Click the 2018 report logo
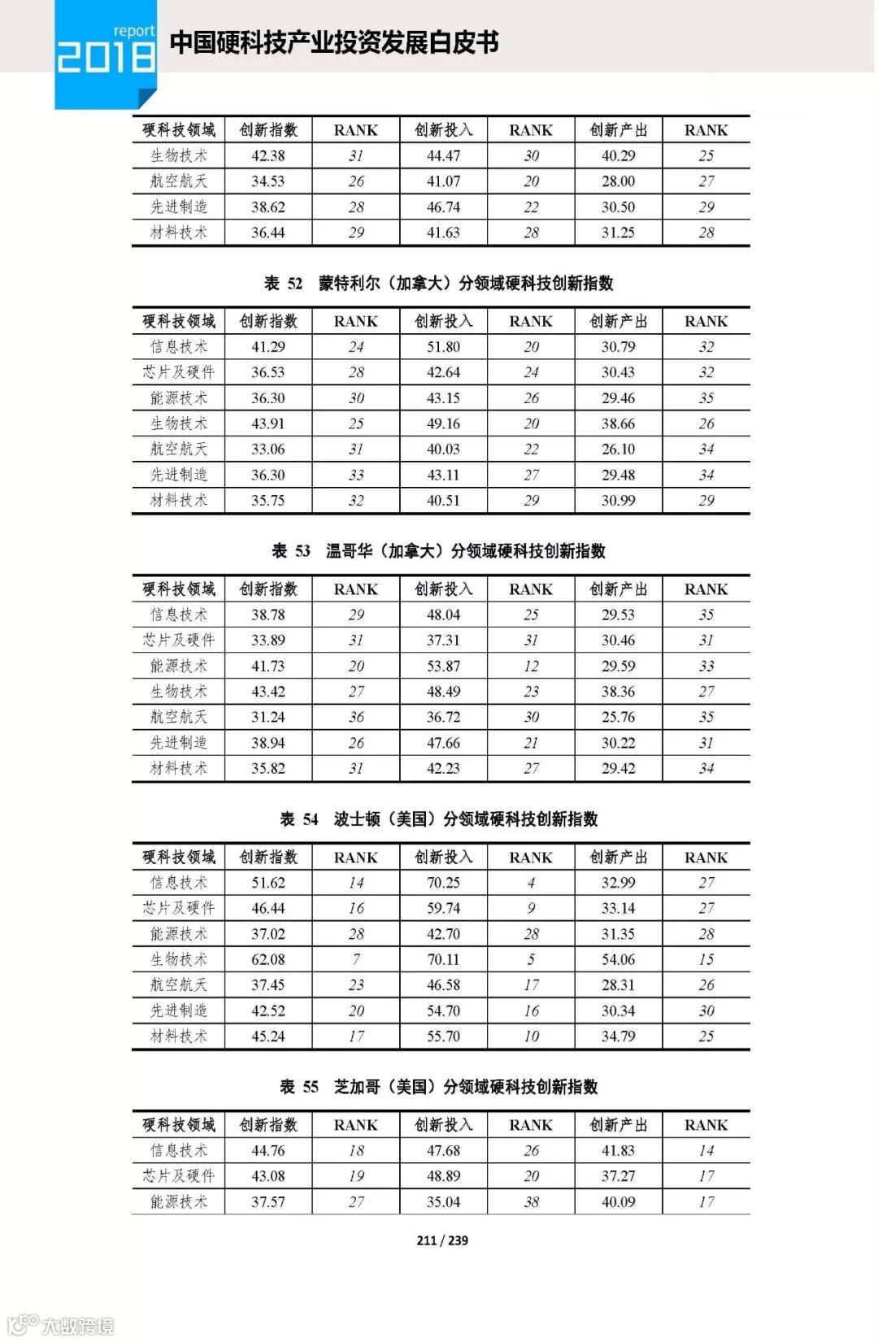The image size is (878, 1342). point(106,51)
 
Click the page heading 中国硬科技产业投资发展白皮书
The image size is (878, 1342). point(333,42)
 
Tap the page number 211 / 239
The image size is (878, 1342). point(441,1240)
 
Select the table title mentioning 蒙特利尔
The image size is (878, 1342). point(439,283)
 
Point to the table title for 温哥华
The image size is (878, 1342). point(439,551)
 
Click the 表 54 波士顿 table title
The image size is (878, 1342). point(439,819)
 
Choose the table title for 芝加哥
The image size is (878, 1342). point(439,1087)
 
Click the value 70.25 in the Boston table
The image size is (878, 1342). point(443,883)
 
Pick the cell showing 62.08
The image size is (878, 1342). point(267,959)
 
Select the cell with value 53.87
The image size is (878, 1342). point(443,666)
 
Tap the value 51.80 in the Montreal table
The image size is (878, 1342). point(443,346)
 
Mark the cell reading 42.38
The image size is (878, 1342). point(267,155)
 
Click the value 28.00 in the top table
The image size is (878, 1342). point(618,180)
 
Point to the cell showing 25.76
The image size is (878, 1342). point(618,717)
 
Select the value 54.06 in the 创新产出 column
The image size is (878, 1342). point(618,959)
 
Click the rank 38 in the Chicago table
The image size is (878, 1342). point(531,1201)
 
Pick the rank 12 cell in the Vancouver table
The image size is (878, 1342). point(531,666)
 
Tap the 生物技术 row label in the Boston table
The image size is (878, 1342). point(179,959)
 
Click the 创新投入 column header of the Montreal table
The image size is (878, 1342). point(443,321)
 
